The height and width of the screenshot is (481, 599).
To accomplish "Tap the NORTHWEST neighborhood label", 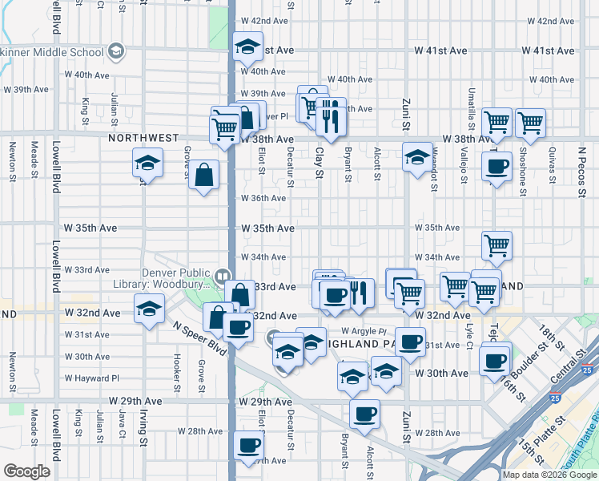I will (143, 138).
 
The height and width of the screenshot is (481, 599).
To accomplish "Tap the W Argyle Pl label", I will (364, 330).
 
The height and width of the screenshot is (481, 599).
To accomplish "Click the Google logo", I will (26, 471).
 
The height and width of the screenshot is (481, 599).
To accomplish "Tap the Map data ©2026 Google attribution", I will (550, 475).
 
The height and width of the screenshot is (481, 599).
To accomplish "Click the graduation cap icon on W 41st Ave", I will (248, 48).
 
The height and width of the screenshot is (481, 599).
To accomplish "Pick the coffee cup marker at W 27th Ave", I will (248, 445).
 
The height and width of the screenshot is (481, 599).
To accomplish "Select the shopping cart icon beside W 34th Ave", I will (497, 246).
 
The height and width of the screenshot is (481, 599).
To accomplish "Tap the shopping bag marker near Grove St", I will (204, 175).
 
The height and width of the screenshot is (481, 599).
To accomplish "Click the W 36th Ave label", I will (264, 198).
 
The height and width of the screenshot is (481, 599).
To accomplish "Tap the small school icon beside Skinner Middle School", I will (117, 52).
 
